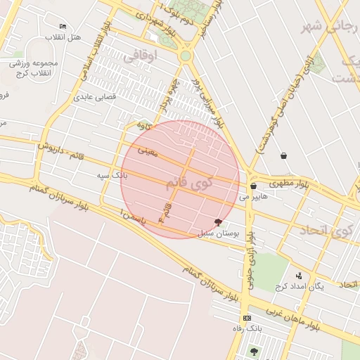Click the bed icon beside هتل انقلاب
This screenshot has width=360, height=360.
[63, 26]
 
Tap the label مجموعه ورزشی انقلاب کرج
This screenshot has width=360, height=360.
[34, 67]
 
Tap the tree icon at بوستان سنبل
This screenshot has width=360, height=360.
[226, 222]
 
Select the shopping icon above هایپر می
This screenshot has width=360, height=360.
[253, 186]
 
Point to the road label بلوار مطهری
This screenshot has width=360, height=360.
[288, 184]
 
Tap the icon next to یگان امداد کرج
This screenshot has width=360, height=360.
[299, 276]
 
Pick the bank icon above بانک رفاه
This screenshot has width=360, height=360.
[246, 318]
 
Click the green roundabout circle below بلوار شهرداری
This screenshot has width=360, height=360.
[185, 56]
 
